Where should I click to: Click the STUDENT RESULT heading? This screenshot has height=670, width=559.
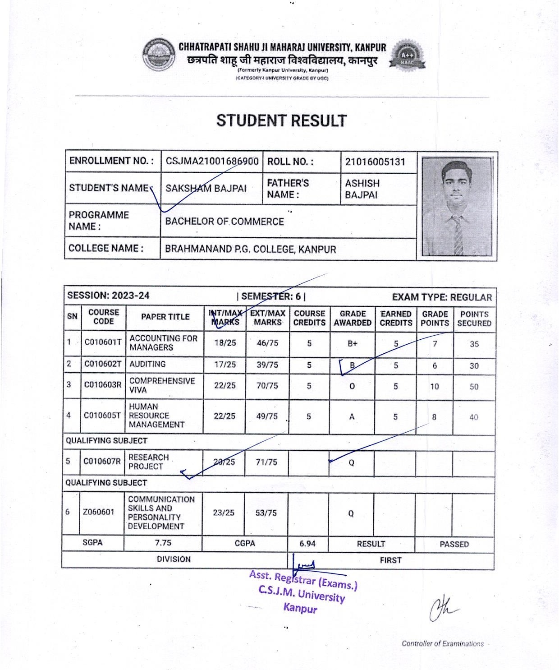[281, 121]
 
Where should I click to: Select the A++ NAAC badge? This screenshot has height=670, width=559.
[408, 57]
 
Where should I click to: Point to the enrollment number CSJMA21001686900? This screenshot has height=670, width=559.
[212, 162]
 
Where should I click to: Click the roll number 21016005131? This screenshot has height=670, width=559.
[375, 162]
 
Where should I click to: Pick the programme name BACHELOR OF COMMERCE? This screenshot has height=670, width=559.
[225, 222]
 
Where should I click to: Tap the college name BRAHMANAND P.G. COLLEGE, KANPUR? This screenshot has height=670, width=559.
[250, 249]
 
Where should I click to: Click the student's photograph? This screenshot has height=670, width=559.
[457, 206]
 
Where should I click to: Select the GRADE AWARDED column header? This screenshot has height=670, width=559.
[353, 318]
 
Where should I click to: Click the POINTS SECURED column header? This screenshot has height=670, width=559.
[474, 319]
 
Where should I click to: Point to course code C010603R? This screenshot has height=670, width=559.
[103, 385]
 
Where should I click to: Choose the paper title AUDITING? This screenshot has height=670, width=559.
[147, 364]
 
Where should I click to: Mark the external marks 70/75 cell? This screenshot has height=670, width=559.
[267, 386]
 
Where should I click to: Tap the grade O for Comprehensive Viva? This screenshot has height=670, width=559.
[353, 386]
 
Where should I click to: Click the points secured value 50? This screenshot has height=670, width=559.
[474, 387]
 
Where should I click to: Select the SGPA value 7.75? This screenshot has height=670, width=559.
[163, 543]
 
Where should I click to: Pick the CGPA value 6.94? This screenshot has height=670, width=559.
[307, 544]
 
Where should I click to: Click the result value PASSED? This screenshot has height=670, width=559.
[454, 544]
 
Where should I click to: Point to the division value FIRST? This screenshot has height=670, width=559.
[390, 560]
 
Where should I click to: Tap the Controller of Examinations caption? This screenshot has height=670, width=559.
[442, 644]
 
